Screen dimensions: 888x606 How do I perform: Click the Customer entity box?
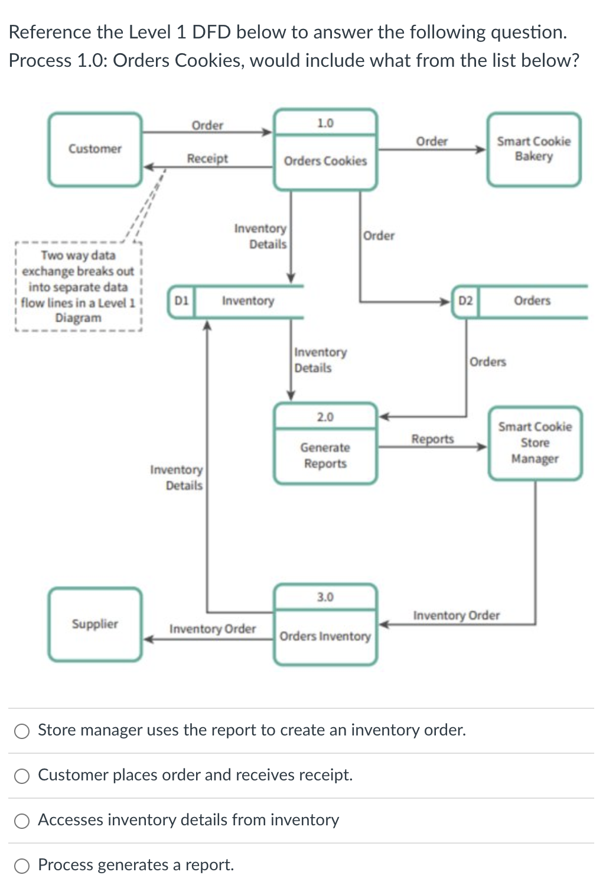[x=95, y=149]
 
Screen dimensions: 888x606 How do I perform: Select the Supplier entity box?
[x=95, y=624]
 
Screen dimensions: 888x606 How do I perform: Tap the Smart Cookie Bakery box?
[x=533, y=149]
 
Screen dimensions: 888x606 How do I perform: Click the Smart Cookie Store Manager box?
[x=535, y=443]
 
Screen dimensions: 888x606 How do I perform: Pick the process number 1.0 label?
[x=325, y=123]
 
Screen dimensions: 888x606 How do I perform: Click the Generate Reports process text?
[x=325, y=455]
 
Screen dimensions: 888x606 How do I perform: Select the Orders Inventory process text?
[x=325, y=636]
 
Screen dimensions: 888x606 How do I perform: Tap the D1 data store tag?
[x=181, y=300]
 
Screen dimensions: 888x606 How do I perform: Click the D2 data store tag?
[x=465, y=301]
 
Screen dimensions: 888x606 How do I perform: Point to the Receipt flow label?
[x=207, y=158]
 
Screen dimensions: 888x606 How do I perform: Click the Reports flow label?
[x=432, y=439]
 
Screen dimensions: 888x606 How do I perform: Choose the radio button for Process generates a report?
[x=22, y=866]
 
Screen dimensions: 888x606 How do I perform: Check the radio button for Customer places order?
[x=22, y=776]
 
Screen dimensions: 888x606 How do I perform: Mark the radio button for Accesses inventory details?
[x=22, y=821]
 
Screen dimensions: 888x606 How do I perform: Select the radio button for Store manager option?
[x=22, y=731]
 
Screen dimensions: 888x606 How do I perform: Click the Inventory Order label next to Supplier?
[x=213, y=628]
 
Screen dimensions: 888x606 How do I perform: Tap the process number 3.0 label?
[x=325, y=597]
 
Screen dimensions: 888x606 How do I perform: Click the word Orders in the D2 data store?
[x=532, y=300]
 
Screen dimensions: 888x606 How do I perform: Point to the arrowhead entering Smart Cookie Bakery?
[x=481, y=150]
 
